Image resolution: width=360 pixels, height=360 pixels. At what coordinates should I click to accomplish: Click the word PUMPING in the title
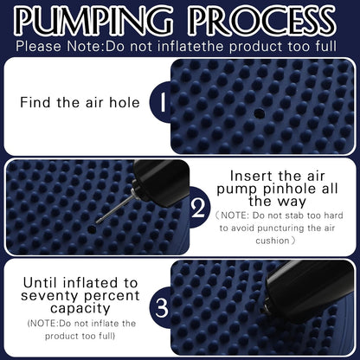pyautogui.click(x=93, y=20)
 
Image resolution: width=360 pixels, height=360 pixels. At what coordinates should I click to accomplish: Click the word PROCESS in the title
pyautogui.click(x=264, y=20)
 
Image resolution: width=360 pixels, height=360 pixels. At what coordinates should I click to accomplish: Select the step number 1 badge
pyautogui.click(x=161, y=102)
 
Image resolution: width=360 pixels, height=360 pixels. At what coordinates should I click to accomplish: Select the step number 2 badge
pyautogui.click(x=199, y=207)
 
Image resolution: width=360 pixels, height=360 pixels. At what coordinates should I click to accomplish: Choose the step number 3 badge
pyautogui.click(x=162, y=307)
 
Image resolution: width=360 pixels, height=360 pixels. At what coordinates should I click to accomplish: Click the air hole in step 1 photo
pyautogui.click(x=260, y=113)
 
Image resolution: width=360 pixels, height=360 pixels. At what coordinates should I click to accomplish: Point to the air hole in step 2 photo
pyautogui.click(x=92, y=229)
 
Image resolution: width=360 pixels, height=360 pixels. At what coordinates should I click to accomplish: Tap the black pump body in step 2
pyautogui.click(x=160, y=182)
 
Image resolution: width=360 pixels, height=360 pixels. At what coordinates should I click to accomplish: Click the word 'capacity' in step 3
pyautogui.click(x=80, y=308)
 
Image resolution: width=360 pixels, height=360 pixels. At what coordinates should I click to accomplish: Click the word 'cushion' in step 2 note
pyautogui.click(x=273, y=241)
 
